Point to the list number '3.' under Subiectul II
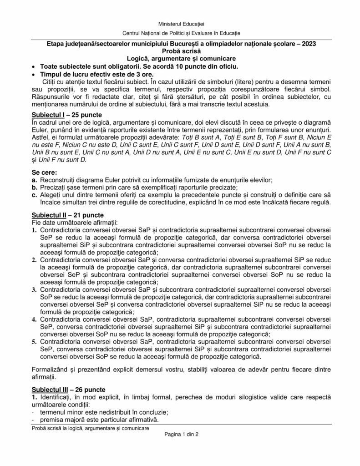point(35,289)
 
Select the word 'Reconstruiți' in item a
point(59,180)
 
